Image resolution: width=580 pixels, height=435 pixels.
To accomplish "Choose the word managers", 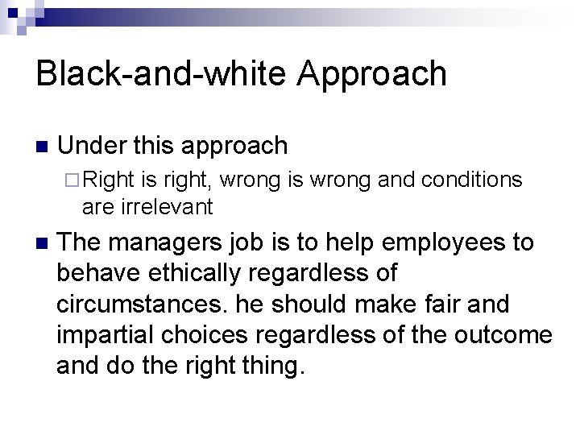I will point(161,242).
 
